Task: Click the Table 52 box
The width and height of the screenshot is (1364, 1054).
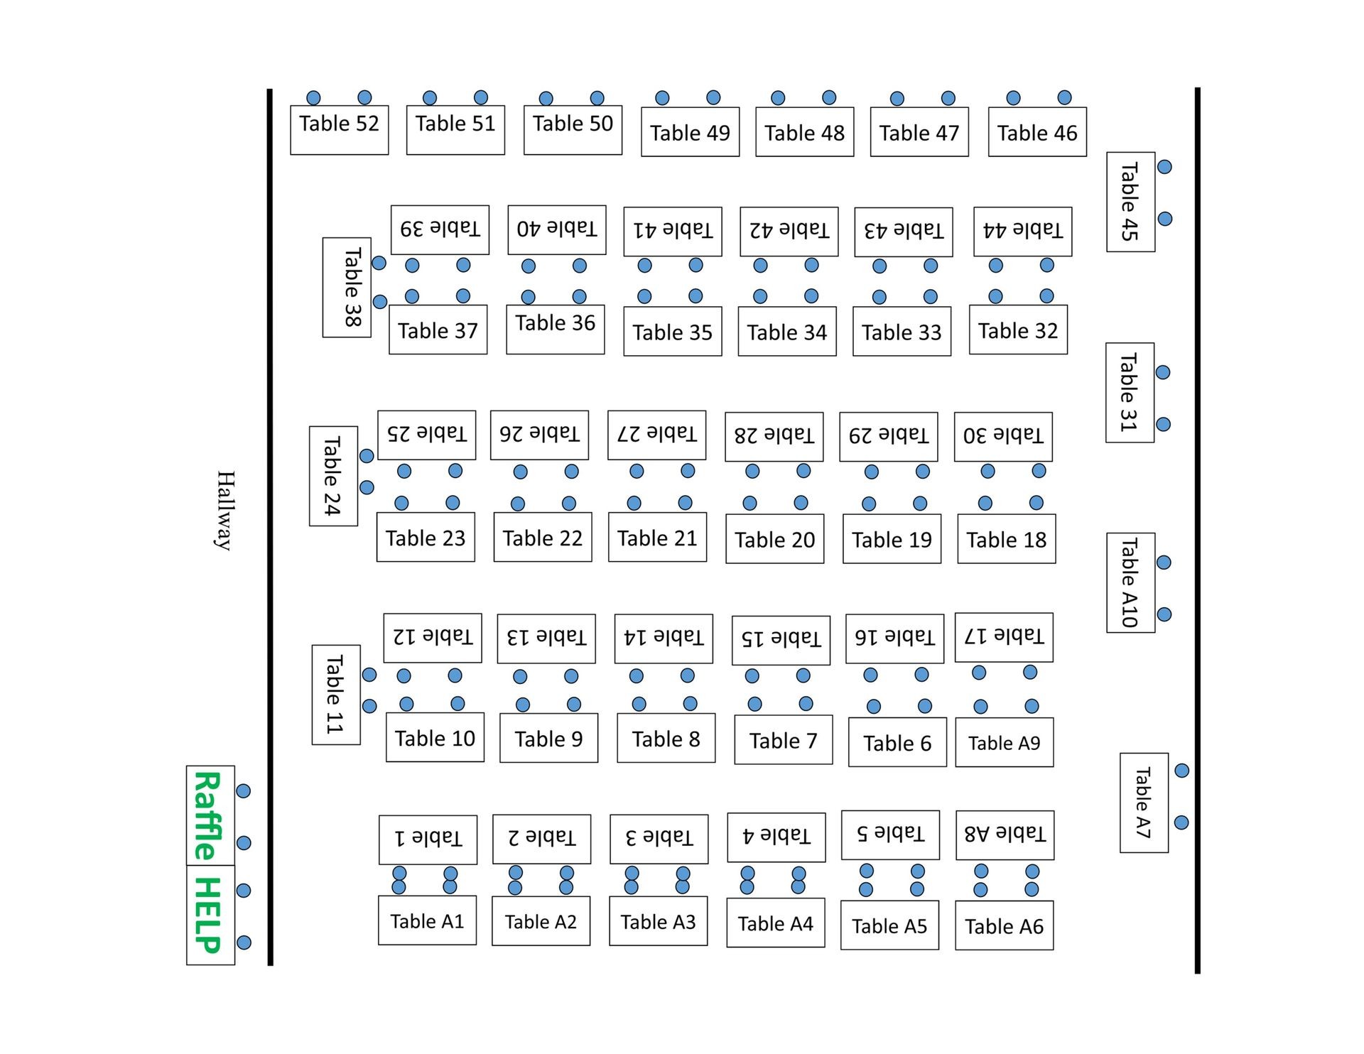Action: pos(339,129)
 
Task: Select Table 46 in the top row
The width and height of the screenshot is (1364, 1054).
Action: pos(1037,131)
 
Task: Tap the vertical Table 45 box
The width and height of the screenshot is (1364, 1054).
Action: pos(1130,202)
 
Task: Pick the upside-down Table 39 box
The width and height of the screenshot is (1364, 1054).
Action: pos(440,229)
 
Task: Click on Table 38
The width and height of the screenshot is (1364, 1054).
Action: pos(347,287)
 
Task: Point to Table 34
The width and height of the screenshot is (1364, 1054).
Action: pos(787,331)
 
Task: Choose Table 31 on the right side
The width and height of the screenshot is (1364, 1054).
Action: pos(1130,392)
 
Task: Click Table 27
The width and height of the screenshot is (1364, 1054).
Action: pos(656,434)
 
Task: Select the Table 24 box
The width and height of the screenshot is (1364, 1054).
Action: pos(333,476)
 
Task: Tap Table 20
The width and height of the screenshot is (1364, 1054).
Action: pos(774,538)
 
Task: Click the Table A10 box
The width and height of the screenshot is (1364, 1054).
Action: pos(1130,582)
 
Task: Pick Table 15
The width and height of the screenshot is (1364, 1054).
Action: pos(781,639)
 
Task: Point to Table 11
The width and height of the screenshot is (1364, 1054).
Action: pos(335,694)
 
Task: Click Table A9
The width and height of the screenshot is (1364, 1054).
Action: pos(1004,742)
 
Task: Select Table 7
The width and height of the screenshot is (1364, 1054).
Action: pos(783,739)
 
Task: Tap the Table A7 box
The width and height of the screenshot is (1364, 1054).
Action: pos(1144,802)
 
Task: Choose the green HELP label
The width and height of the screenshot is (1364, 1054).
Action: pos(209,915)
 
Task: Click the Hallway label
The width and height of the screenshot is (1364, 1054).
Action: pos(225,510)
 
